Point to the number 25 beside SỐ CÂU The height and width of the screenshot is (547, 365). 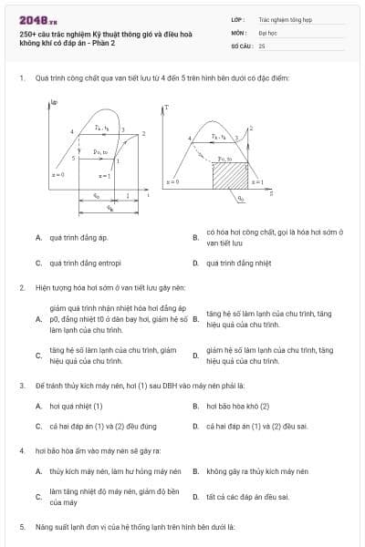pos(262,45)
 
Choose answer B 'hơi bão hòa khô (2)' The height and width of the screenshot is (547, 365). pos(237,405)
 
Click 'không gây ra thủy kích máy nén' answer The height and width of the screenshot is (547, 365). pos(256,471)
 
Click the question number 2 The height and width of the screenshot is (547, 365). pos(21,287)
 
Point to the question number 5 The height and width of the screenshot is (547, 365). pos(21,527)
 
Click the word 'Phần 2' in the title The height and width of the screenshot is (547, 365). pos(115,55)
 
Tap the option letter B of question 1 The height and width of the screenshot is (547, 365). pos(195,238)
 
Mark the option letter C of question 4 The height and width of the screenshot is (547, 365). pos(37,497)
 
